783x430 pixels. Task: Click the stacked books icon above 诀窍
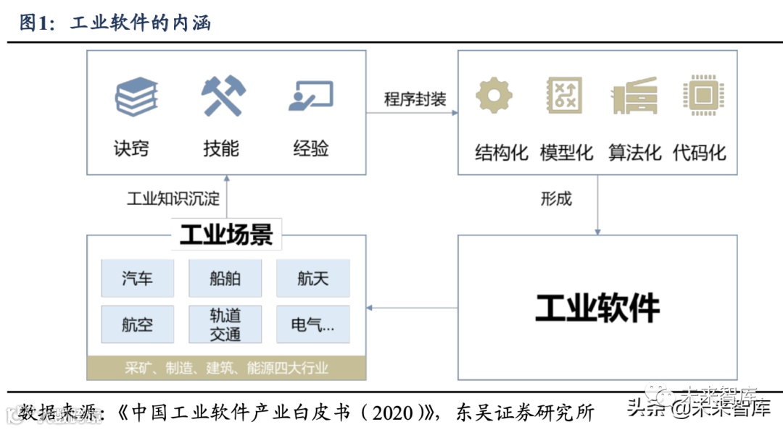tap(136, 97)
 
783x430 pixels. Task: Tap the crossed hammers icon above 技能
tap(223, 96)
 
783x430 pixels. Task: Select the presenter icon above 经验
tap(311, 97)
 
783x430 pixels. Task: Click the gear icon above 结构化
tap(494, 96)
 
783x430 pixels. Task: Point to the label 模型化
tap(566, 153)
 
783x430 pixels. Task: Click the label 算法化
tap(634, 153)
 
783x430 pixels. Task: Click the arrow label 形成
tap(556, 198)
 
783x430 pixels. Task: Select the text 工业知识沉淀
tap(173, 198)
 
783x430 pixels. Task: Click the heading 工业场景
tap(226, 235)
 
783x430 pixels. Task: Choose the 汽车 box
tap(138, 279)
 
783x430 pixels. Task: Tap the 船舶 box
tap(225, 279)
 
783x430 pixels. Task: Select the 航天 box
tap(313, 279)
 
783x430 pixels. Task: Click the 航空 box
tap(138, 324)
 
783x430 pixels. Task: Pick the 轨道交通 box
tap(225, 324)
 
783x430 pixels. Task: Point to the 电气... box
tap(313, 324)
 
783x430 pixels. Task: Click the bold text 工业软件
tap(597, 308)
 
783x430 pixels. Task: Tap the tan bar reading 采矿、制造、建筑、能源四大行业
tap(226, 368)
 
